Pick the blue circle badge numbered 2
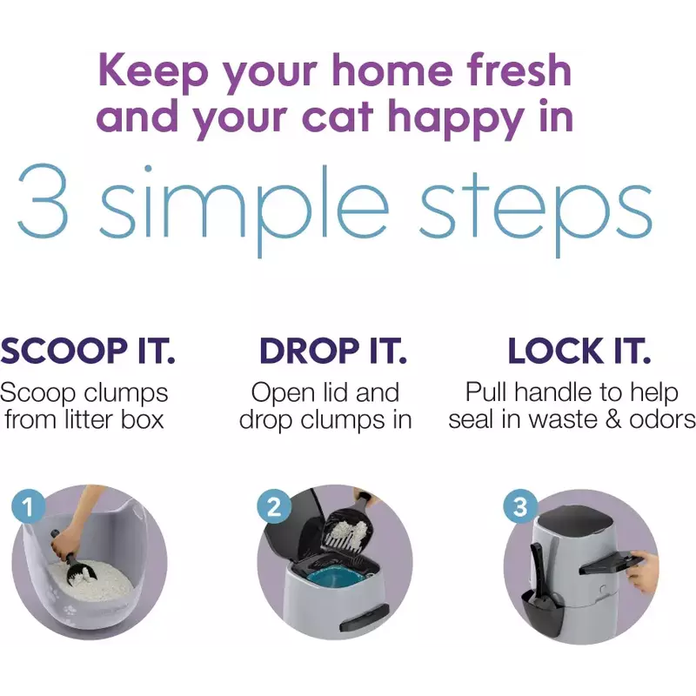coord(274,505)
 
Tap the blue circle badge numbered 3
coord(520,505)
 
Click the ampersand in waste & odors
coord(629,419)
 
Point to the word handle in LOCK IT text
coord(571,392)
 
